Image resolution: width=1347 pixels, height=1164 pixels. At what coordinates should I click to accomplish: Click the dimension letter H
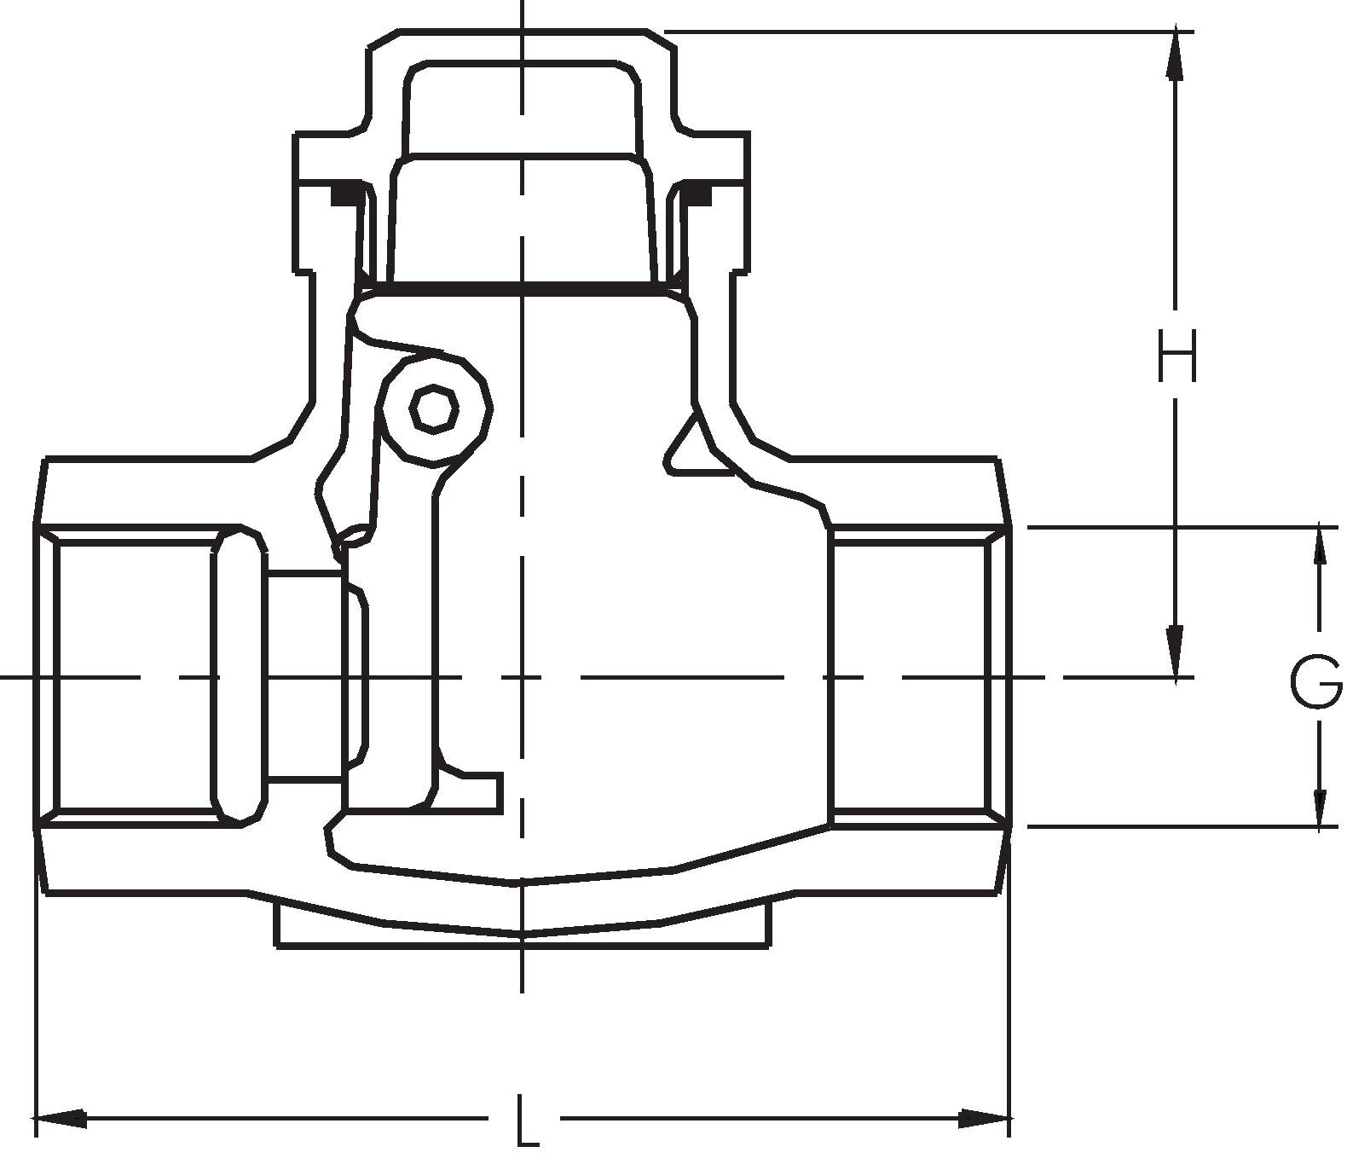tap(1176, 356)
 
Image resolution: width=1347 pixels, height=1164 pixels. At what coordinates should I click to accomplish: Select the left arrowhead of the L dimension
tap(60, 1119)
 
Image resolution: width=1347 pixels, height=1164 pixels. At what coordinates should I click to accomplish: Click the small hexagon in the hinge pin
tap(434, 409)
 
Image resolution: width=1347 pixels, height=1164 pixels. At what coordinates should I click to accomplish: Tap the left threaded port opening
tap(134, 678)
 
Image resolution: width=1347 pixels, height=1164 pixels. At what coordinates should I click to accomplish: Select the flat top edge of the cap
tap(523, 31)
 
